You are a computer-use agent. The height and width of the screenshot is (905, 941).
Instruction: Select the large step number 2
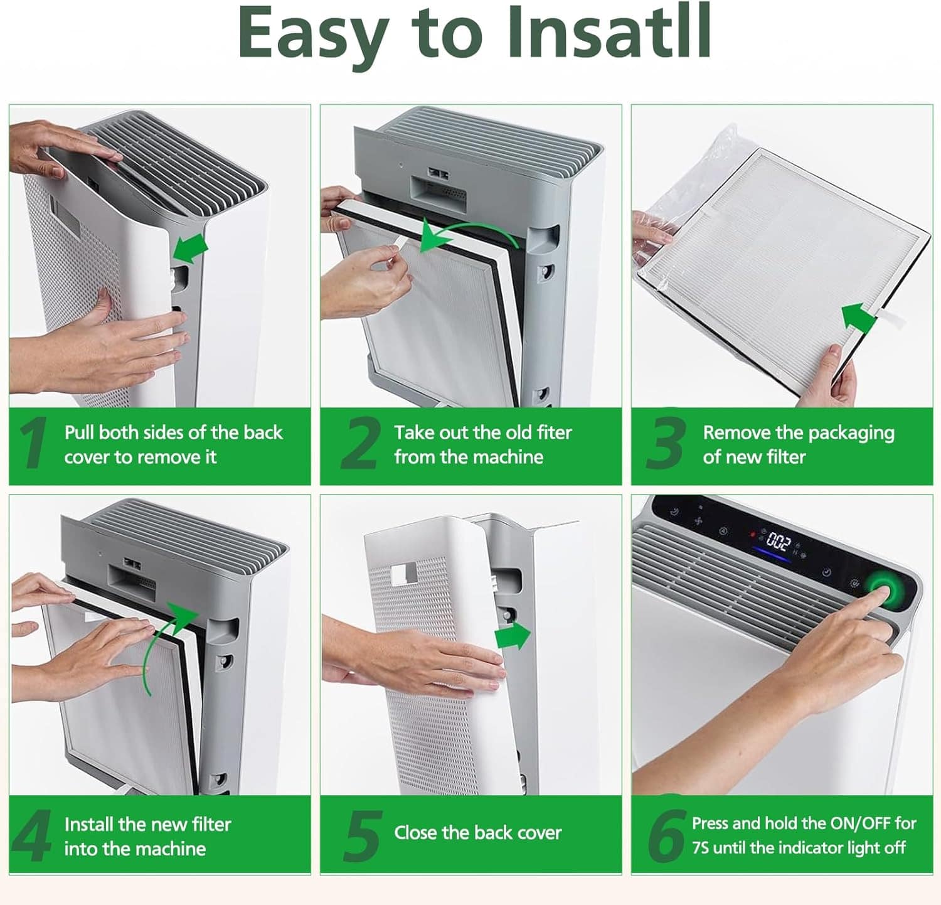(x=359, y=444)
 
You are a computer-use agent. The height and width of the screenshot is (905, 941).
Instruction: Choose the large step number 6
(x=666, y=835)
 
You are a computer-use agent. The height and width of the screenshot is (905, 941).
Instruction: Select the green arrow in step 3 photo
(x=859, y=318)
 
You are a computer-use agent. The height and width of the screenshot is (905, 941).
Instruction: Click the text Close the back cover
(x=477, y=833)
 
